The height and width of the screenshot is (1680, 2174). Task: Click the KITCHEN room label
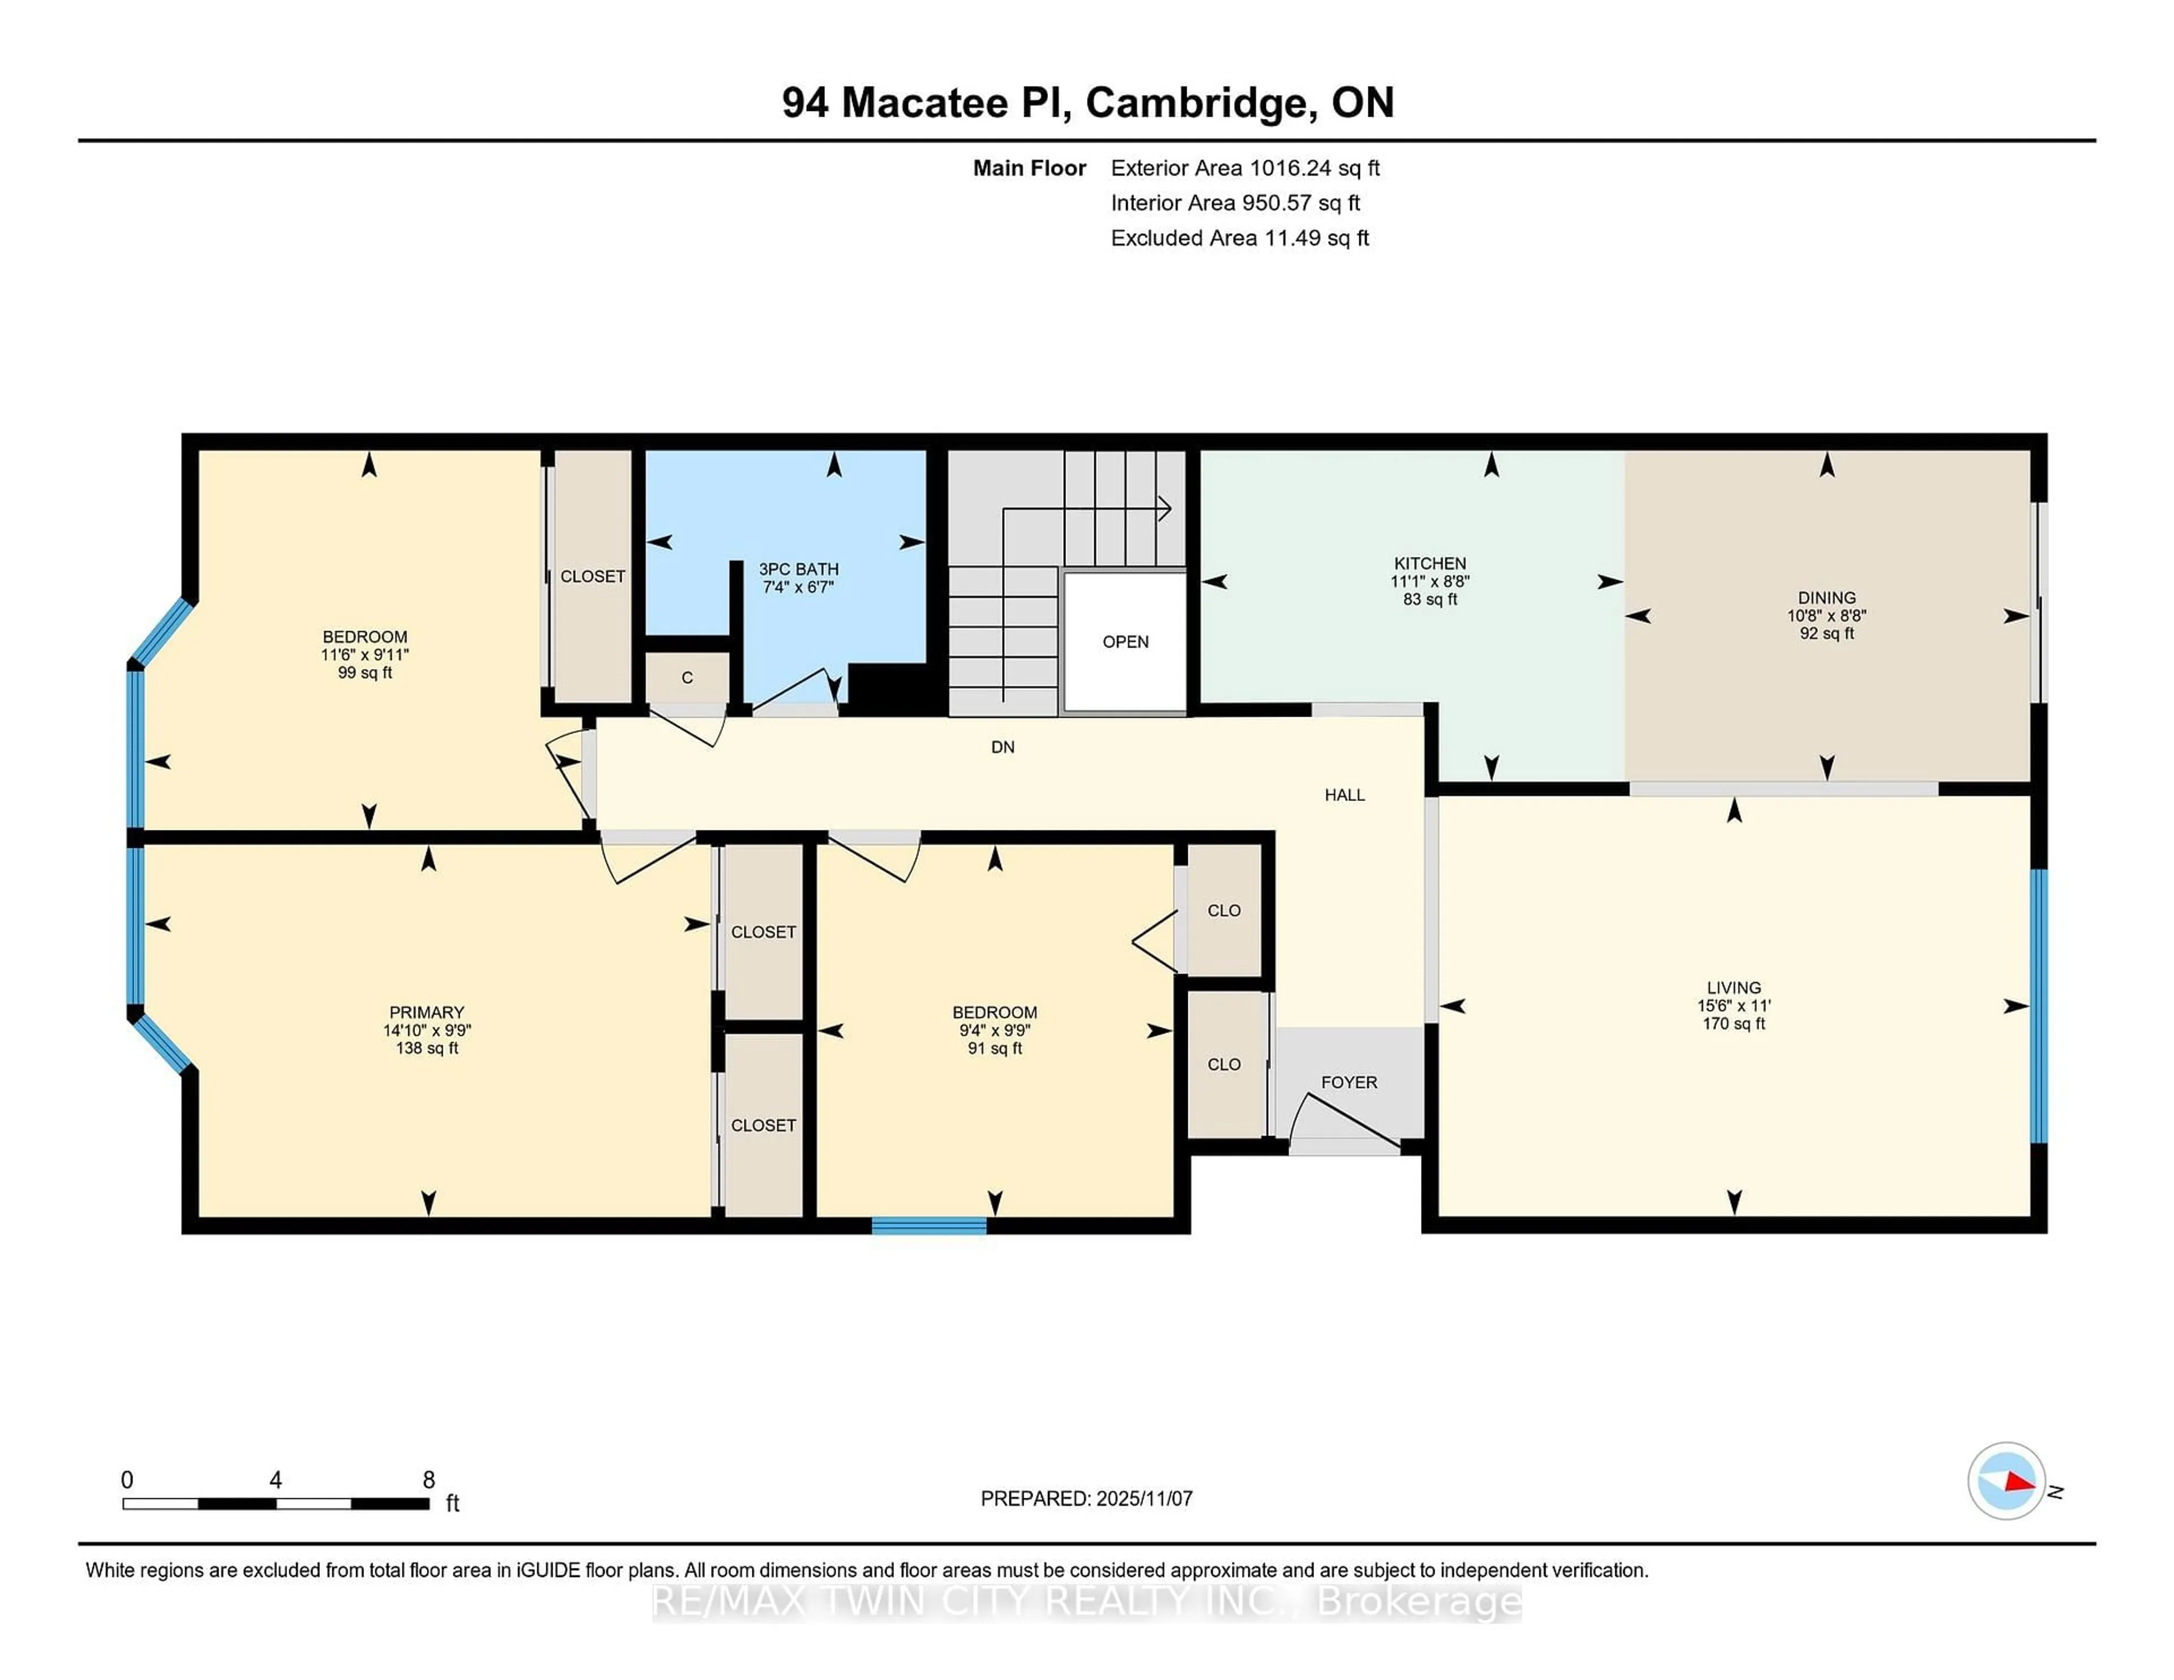point(1430,563)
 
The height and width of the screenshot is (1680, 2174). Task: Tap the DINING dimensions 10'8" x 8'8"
point(1826,616)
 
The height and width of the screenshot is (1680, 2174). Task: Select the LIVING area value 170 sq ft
point(1733,1023)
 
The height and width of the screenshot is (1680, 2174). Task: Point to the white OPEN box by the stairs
point(1125,642)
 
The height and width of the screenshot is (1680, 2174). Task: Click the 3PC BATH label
point(798,569)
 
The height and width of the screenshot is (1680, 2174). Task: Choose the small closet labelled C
point(687,678)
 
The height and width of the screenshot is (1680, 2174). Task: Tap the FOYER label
point(1349,1082)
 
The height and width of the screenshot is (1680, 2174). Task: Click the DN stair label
point(1003,747)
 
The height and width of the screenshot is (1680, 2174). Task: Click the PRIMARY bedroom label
point(426,1012)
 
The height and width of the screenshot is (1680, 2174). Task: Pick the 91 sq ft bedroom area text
point(994,1048)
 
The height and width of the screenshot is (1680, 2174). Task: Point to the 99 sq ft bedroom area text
point(365,673)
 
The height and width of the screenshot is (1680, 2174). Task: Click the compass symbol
point(2006,1481)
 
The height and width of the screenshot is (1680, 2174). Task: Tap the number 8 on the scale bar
point(429,1480)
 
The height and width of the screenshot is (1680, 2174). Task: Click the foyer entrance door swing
point(1344,1120)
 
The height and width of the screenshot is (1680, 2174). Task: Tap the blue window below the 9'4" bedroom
point(928,1225)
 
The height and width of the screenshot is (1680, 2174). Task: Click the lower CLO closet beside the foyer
point(1225,1065)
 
